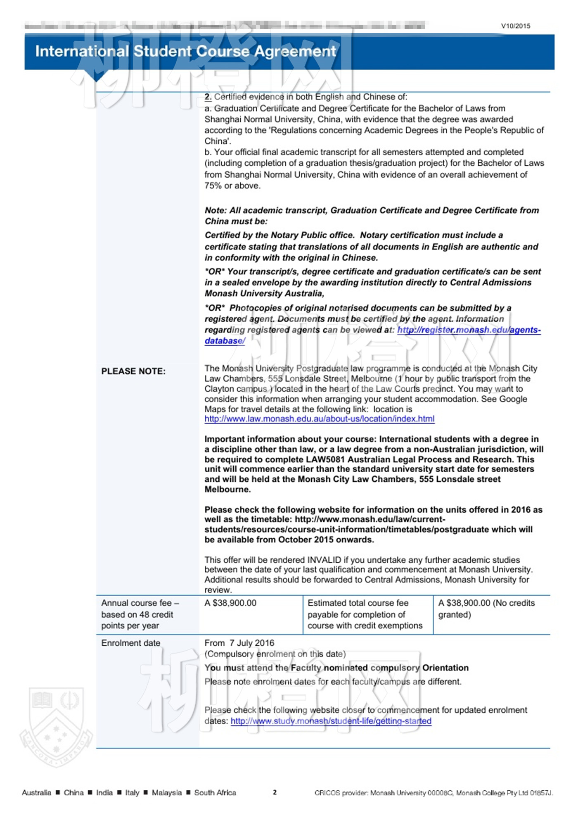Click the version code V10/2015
pyautogui.click(x=515, y=26)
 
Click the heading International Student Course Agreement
pyautogui.click(x=185, y=51)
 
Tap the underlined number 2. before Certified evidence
pyautogui.click(x=208, y=97)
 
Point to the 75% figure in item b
pyautogui.click(x=213, y=186)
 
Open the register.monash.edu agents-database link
pyautogui.click(x=469, y=330)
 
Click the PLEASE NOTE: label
pyautogui.click(x=133, y=371)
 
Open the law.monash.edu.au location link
pyautogui.click(x=319, y=419)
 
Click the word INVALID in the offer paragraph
pyautogui.click(x=324, y=560)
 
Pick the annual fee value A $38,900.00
pyautogui.click(x=230, y=603)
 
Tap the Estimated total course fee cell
pyautogui.click(x=365, y=614)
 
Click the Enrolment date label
pyautogui.click(x=130, y=643)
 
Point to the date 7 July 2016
pyautogui.click(x=252, y=643)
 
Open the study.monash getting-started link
pyautogui.click(x=331, y=721)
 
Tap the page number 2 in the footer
pyautogui.click(x=275, y=792)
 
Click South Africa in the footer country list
pyautogui.click(x=215, y=793)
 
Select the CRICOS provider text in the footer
pyautogui.click(x=433, y=793)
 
